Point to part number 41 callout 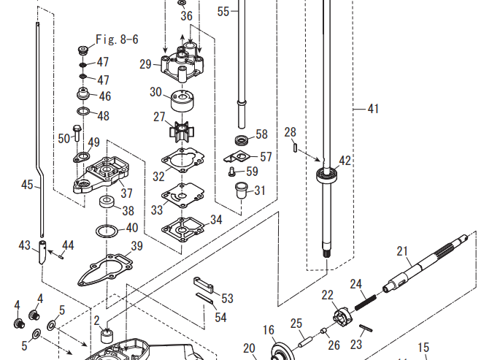click(373, 110)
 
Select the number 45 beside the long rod click(28, 185)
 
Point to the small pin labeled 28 click(294, 147)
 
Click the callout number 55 click(223, 11)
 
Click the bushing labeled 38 click(108, 202)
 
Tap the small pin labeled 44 click(62, 255)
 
